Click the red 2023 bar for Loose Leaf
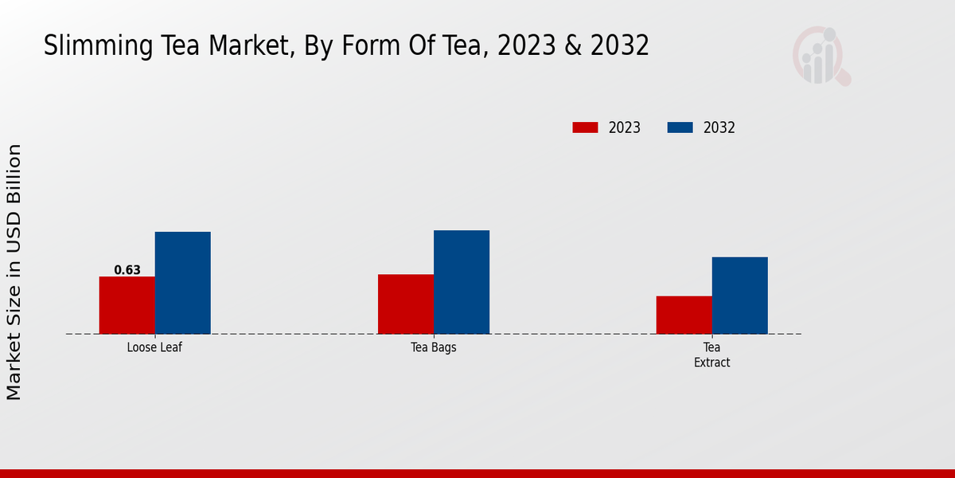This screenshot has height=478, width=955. [127, 305]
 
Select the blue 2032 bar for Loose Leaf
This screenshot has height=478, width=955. [182, 283]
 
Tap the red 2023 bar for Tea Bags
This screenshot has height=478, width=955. [405, 304]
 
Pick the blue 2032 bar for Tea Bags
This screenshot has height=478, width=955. [461, 282]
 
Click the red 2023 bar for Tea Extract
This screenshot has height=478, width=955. [684, 315]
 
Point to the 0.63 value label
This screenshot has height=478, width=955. [127, 270]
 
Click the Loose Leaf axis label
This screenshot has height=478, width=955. [154, 348]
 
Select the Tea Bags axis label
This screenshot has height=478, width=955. [433, 348]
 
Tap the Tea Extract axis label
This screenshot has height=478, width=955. [711, 355]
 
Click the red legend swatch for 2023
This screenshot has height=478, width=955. [585, 127]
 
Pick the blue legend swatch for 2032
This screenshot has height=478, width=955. [680, 127]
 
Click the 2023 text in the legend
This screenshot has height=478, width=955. [625, 127]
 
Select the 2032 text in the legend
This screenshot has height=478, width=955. [719, 127]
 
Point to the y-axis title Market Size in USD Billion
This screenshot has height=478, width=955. [14, 272]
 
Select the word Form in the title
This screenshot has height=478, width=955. [368, 45]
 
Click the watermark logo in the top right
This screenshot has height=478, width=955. [821, 56]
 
